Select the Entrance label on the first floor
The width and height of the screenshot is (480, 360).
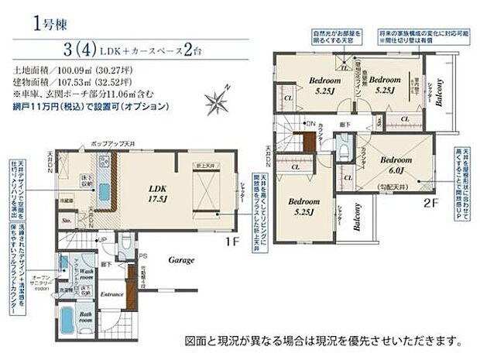(x=113, y=294)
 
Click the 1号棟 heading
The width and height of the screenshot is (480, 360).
(x=48, y=22)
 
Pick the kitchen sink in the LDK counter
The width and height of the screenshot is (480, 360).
(x=104, y=166)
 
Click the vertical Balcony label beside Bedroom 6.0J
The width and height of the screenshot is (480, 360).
(x=358, y=218)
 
